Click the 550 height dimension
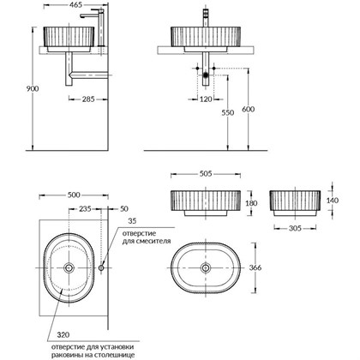[x=224, y=111]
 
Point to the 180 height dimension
[x=251, y=204]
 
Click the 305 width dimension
[x=295, y=229]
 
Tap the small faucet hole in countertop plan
[x=102, y=268]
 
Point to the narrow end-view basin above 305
[x=295, y=203]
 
